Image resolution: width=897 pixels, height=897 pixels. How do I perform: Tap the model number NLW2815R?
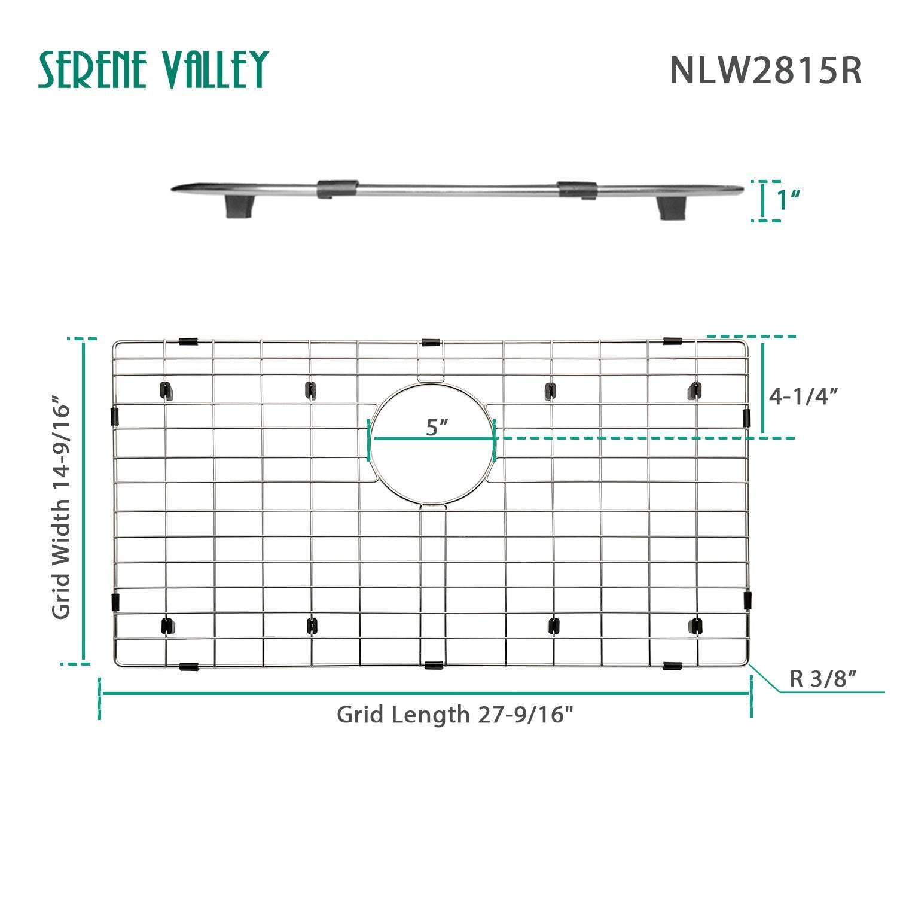(765, 71)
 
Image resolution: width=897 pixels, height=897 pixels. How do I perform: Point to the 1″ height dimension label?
(788, 200)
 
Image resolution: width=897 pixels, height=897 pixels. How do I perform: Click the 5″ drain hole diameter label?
(437, 427)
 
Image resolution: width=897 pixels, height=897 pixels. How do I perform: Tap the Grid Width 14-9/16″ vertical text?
(61, 507)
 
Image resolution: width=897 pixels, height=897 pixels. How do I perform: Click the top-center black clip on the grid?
(431, 343)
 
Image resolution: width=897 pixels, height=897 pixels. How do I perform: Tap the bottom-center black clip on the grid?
(433, 665)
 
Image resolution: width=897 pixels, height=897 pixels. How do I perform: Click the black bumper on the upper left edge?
(115, 416)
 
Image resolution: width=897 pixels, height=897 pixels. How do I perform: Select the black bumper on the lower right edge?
(747, 600)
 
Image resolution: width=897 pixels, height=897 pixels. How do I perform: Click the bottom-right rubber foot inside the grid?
(695, 626)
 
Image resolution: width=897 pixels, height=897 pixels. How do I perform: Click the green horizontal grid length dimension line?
(425, 693)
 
